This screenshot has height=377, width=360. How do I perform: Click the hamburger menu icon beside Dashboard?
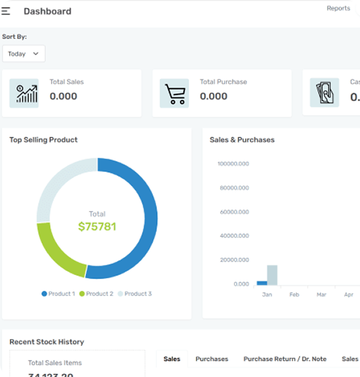pos(6,11)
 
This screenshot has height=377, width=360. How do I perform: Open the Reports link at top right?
pos(338,9)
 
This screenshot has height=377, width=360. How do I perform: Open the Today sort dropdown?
pos(24,54)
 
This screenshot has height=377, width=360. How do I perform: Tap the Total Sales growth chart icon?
pos(24,93)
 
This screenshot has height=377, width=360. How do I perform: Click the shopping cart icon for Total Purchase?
pos(174,93)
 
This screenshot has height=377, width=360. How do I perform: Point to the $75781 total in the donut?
pos(97,227)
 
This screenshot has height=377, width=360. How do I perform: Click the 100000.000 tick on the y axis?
pos(233,164)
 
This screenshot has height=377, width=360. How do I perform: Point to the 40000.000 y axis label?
pos(233,236)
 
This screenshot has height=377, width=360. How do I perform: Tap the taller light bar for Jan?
pos(272,275)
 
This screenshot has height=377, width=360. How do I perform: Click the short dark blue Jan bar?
pos(261,282)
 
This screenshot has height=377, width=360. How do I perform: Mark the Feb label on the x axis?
pos(294,295)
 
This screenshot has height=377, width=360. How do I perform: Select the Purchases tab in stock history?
pos(212,359)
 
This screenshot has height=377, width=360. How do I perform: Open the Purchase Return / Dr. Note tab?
pos(284,359)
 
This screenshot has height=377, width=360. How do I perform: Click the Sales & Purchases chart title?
pos(242,140)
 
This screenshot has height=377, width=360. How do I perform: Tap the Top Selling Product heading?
pos(43,140)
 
